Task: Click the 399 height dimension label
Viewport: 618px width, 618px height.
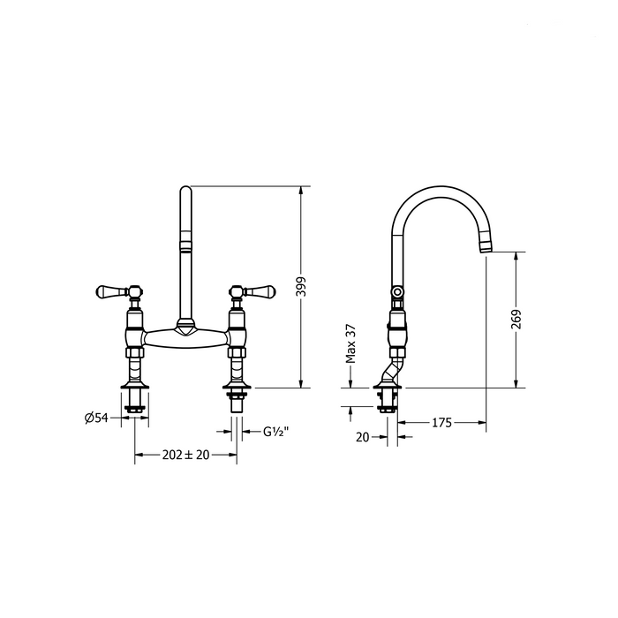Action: [x=301, y=287]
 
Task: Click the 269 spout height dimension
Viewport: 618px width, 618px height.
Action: [x=516, y=320]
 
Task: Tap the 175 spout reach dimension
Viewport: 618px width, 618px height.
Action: [x=441, y=423]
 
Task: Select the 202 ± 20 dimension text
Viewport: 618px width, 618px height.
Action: [x=185, y=455]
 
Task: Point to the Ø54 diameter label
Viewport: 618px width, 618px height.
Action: [x=96, y=418]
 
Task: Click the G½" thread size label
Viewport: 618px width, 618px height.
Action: [x=276, y=432]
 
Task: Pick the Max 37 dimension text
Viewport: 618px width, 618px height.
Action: [x=350, y=343]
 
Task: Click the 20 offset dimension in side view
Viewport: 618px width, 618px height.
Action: [x=363, y=437]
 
